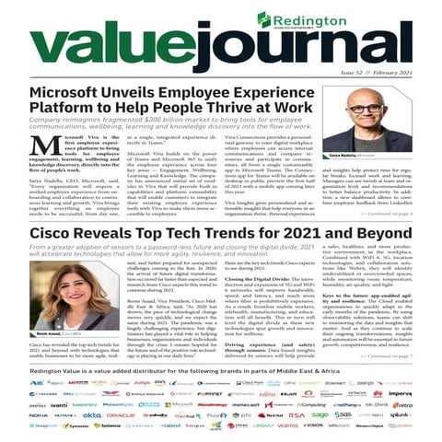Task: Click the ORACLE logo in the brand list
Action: click(x=121, y=414)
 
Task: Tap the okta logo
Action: click(x=91, y=414)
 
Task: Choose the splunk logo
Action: click(x=425, y=414)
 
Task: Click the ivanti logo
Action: click(x=34, y=403)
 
